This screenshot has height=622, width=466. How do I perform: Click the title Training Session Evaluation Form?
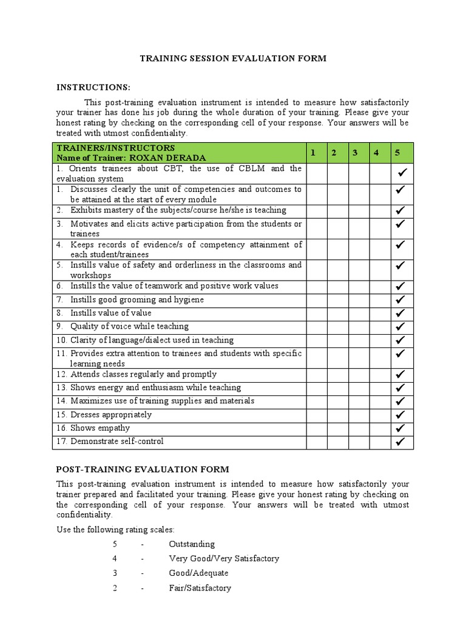(x=233, y=58)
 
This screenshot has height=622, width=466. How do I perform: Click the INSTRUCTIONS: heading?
(x=93, y=87)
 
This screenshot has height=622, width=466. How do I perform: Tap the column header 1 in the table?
(x=312, y=152)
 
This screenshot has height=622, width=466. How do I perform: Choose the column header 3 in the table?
(x=355, y=152)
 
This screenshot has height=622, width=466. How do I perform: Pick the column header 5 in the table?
(x=397, y=152)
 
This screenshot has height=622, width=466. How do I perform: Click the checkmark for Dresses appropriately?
(x=400, y=415)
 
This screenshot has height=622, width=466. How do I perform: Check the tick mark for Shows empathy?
(x=400, y=429)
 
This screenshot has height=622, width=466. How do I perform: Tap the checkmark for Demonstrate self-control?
(x=400, y=442)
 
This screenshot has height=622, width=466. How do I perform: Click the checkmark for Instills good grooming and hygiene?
(x=400, y=300)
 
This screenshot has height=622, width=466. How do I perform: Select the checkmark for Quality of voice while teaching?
(x=400, y=327)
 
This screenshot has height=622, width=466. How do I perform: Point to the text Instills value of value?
(x=110, y=313)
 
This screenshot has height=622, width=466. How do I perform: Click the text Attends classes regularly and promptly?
(x=143, y=374)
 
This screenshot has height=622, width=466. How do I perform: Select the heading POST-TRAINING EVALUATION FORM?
(x=143, y=469)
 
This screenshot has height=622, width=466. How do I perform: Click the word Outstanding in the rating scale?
(x=192, y=544)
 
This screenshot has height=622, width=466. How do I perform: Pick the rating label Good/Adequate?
(x=199, y=573)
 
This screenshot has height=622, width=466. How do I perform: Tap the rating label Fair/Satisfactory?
(x=200, y=588)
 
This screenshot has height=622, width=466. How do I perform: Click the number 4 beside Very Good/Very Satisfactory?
(x=114, y=559)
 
